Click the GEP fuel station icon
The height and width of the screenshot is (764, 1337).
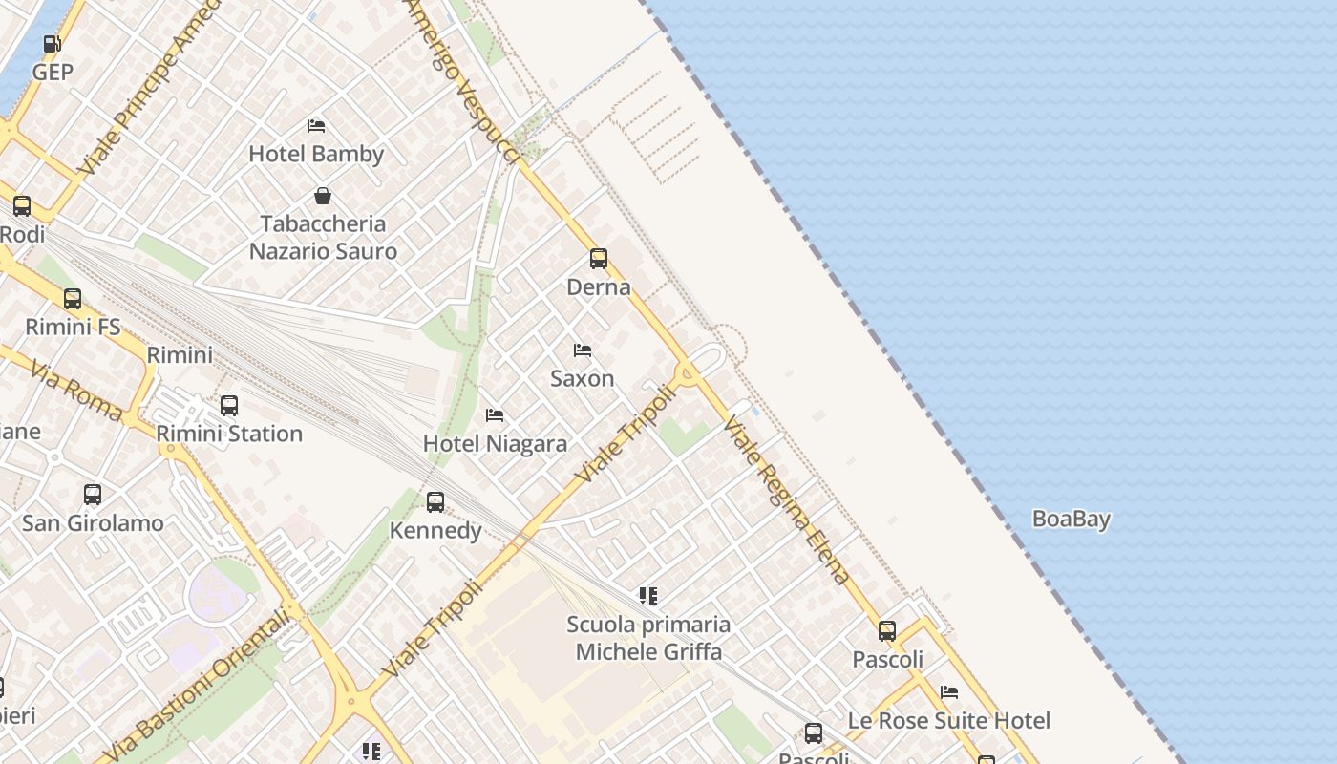(x=53, y=44)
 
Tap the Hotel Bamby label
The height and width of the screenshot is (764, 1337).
(x=316, y=154)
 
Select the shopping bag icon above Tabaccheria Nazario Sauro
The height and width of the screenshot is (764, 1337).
(x=323, y=196)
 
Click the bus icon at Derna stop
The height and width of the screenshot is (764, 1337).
(x=599, y=259)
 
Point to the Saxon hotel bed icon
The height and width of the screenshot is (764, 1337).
(x=583, y=350)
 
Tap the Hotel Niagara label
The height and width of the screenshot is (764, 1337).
(x=495, y=444)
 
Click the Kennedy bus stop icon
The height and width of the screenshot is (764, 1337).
(x=435, y=502)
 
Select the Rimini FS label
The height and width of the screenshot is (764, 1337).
(x=73, y=327)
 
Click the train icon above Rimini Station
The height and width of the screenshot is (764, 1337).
(x=229, y=406)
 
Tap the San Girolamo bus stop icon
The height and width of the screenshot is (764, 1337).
(x=93, y=495)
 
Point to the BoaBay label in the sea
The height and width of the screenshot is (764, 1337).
(x=1071, y=520)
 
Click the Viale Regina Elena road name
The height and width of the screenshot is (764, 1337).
(x=786, y=499)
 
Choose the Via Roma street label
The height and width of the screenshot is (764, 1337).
(x=75, y=391)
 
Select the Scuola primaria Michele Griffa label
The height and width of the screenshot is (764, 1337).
(x=648, y=638)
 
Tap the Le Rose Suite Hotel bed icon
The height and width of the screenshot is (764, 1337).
(x=949, y=692)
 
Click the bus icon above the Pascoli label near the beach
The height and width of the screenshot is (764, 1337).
(x=887, y=631)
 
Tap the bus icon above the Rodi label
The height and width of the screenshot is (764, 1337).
(x=22, y=206)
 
